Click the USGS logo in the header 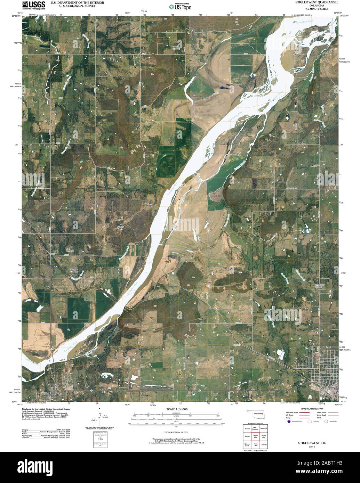(33, 5)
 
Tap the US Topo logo (180, 7)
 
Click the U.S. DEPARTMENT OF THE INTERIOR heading (77, 2)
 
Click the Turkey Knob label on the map (120, 228)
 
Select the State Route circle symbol (326, 421)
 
